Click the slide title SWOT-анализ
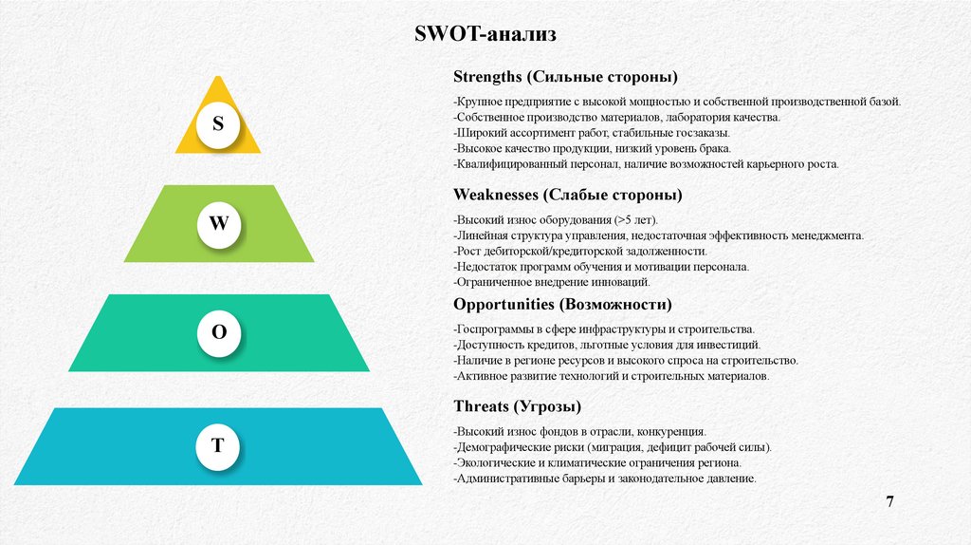tap(485, 35)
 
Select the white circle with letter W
tap(218, 225)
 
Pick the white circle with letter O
tap(218, 333)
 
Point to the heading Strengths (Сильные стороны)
tap(565, 76)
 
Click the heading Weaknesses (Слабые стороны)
tap(568, 195)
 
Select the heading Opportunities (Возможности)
tap(562, 305)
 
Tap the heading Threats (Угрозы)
tap(518, 406)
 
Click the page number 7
tap(889, 500)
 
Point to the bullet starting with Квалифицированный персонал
tap(647, 164)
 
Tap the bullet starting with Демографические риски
tap(613, 447)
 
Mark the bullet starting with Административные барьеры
tap(605, 479)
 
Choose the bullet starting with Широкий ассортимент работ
tap(592, 133)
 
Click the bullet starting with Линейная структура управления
tap(658, 235)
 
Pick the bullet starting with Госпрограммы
tap(604, 329)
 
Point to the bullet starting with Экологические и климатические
tap(597, 463)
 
